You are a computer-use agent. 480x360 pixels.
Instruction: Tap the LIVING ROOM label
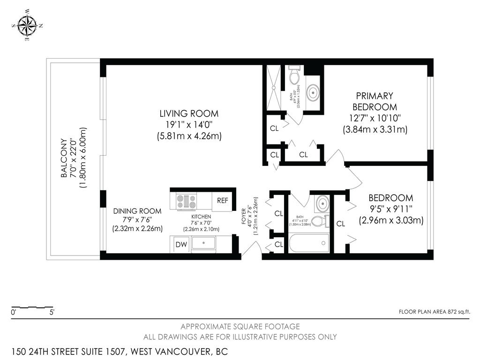(x=189, y=113)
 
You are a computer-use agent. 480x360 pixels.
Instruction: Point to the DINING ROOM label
(x=137, y=211)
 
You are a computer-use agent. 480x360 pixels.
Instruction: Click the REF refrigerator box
(x=223, y=201)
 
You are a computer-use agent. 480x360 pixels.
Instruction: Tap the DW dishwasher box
(x=181, y=244)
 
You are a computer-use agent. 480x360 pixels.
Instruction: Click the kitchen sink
(x=203, y=244)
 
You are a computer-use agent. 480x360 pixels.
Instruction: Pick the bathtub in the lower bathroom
(x=307, y=244)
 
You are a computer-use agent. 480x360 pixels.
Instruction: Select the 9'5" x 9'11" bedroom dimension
(x=391, y=209)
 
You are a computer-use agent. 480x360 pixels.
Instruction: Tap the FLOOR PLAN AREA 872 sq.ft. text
(x=434, y=311)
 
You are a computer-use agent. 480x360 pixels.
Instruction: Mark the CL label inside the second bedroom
(x=340, y=224)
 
